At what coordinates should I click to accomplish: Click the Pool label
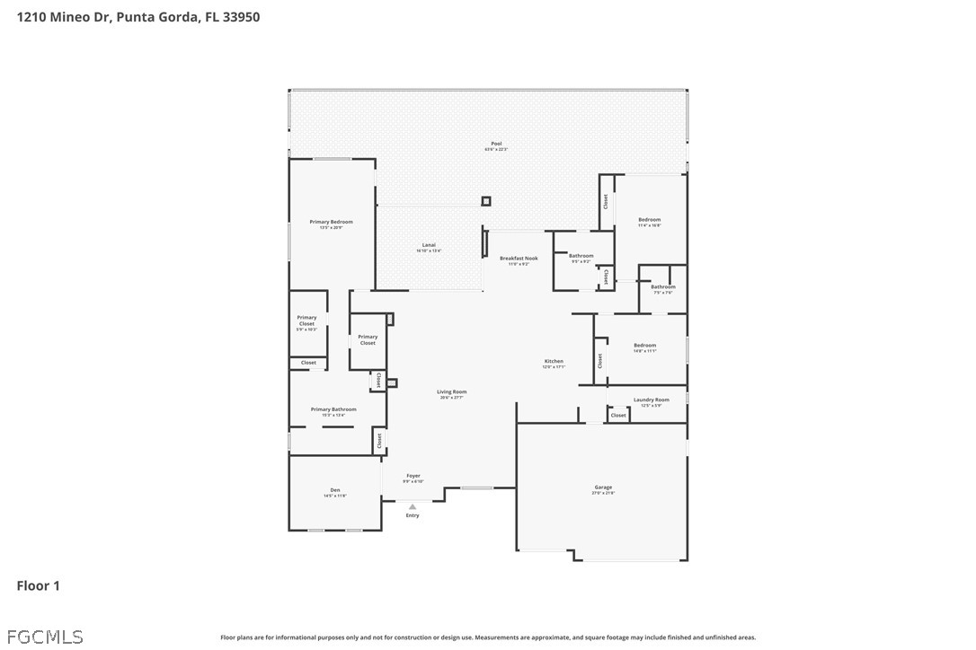(x=496, y=144)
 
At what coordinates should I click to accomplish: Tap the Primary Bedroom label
(x=331, y=222)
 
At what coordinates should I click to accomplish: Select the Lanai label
(x=429, y=245)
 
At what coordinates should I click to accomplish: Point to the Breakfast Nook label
(x=519, y=259)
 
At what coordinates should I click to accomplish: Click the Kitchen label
(x=553, y=362)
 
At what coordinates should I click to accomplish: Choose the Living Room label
(x=451, y=392)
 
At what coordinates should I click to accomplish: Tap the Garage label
(x=602, y=487)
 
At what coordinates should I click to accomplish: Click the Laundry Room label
(x=651, y=400)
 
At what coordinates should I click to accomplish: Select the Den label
(x=334, y=490)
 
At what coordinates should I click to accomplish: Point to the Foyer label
(x=413, y=476)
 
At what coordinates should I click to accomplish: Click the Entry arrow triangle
(x=413, y=507)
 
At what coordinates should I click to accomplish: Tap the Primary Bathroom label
(x=333, y=409)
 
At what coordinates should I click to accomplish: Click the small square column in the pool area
(x=486, y=201)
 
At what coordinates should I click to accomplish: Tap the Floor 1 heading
(x=38, y=586)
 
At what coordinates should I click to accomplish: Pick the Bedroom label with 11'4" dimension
(x=649, y=220)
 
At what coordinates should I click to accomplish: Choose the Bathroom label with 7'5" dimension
(x=663, y=287)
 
